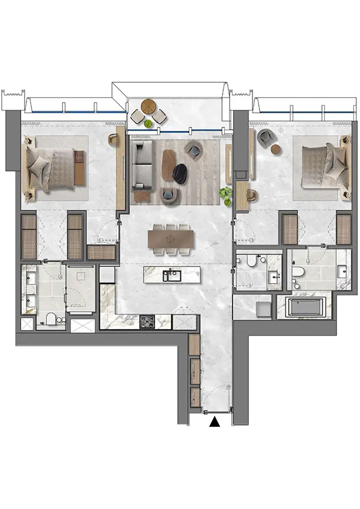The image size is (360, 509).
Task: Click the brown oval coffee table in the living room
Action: pyautogui.click(x=169, y=159)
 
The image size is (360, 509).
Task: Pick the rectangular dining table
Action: pyautogui.click(x=171, y=238)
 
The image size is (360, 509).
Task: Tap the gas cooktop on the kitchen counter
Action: pyautogui.click(x=147, y=321)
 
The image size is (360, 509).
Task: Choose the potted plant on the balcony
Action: pyautogui.click(x=149, y=124)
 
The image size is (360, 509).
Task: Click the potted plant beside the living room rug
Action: pyautogui.click(x=226, y=193)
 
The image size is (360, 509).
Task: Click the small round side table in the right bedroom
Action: pyautogui.click(x=276, y=149)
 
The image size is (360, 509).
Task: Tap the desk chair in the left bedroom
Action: pyautogui.click(x=114, y=140)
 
